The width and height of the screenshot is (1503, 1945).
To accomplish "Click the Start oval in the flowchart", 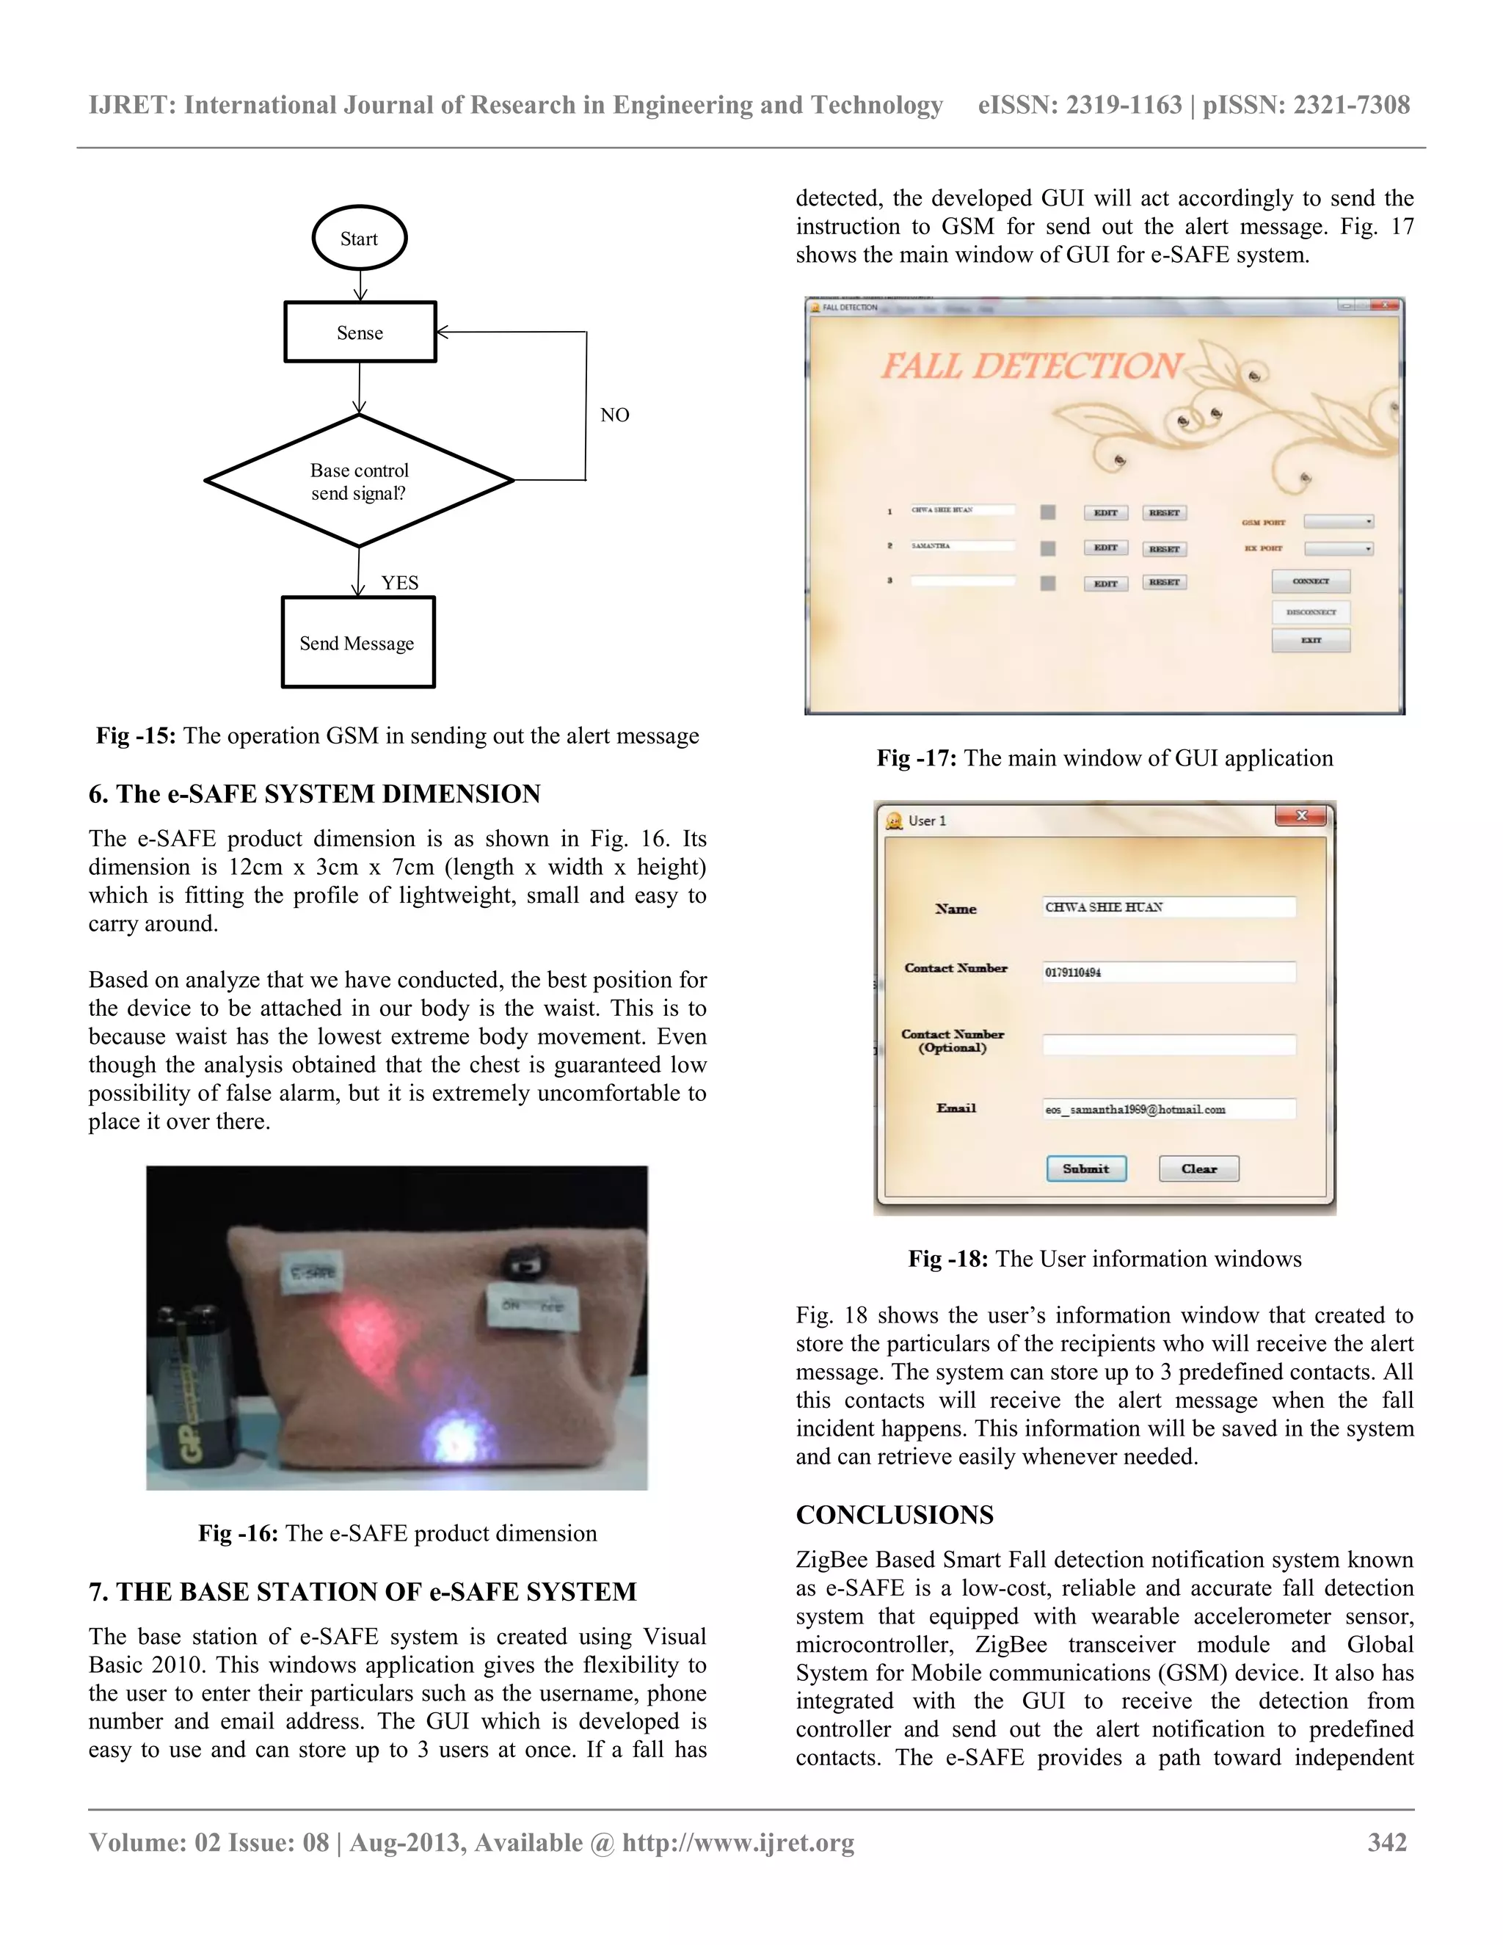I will click(x=359, y=239).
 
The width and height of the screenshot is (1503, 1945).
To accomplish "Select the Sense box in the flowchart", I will click(x=360, y=332).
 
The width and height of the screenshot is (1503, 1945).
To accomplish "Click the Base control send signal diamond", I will click(x=359, y=481).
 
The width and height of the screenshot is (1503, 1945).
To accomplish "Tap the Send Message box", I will click(x=357, y=643).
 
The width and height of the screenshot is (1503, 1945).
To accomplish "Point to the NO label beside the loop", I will click(x=614, y=415).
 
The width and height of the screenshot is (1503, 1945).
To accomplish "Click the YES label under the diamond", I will click(x=400, y=583).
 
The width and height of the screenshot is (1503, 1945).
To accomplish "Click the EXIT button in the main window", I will click(x=1311, y=640).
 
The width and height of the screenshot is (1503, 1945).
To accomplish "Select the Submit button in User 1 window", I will click(x=1085, y=1168).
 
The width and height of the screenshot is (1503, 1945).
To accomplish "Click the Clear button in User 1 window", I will click(x=1198, y=1168).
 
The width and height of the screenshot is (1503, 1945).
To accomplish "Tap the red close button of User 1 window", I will click(x=1301, y=815).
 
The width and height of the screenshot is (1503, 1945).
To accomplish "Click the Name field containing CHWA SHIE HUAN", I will click(x=1168, y=906).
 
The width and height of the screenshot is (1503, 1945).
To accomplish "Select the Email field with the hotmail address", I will click(x=1168, y=1109).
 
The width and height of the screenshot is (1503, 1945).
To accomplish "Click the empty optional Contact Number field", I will click(x=1168, y=1044).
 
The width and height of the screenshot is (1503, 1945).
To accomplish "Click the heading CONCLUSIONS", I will click(x=894, y=1515).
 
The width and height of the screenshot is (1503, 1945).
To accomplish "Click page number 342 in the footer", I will click(x=1386, y=1842).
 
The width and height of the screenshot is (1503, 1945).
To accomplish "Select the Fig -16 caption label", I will click(x=238, y=1533).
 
